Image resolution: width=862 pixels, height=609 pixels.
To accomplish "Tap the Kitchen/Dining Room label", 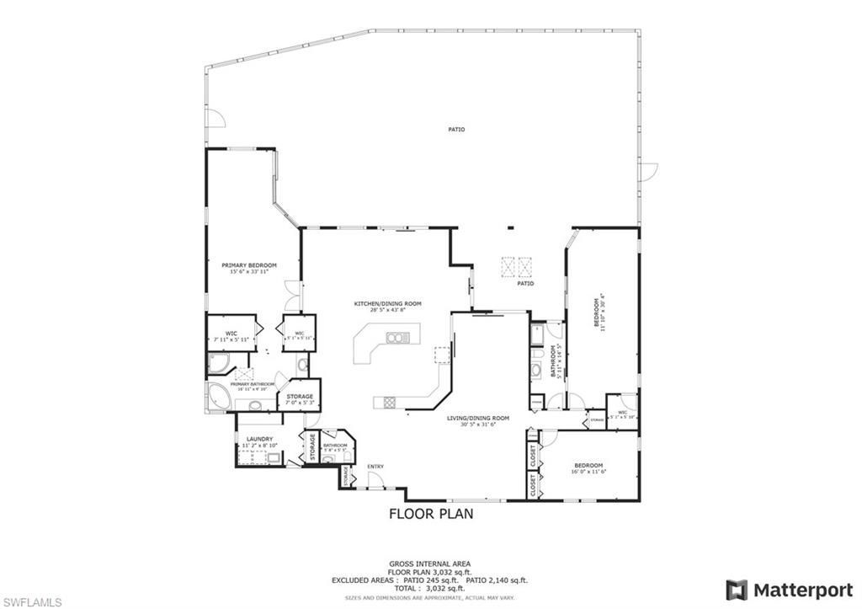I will pyautogui.click(x=387, y=303).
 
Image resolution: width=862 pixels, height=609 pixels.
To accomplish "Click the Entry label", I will pyautogui.click(x=375, y=467).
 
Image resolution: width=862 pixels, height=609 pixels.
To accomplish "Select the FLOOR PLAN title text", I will pyautogui.click(x=430, y=513).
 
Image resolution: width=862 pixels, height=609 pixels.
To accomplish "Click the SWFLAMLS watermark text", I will pyautogui.click(x=32, y=601).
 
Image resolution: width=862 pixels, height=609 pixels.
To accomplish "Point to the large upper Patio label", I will pyautogui.click(x=456, y=130).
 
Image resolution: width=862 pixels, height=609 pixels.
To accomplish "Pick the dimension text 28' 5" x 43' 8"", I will pyautogui.click(x=387, y=310).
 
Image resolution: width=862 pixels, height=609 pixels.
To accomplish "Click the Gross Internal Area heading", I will pyautogui.click(x=429, y=564).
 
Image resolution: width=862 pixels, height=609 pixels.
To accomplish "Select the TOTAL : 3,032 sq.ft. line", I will pyautogui.click(x=429, y=588).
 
